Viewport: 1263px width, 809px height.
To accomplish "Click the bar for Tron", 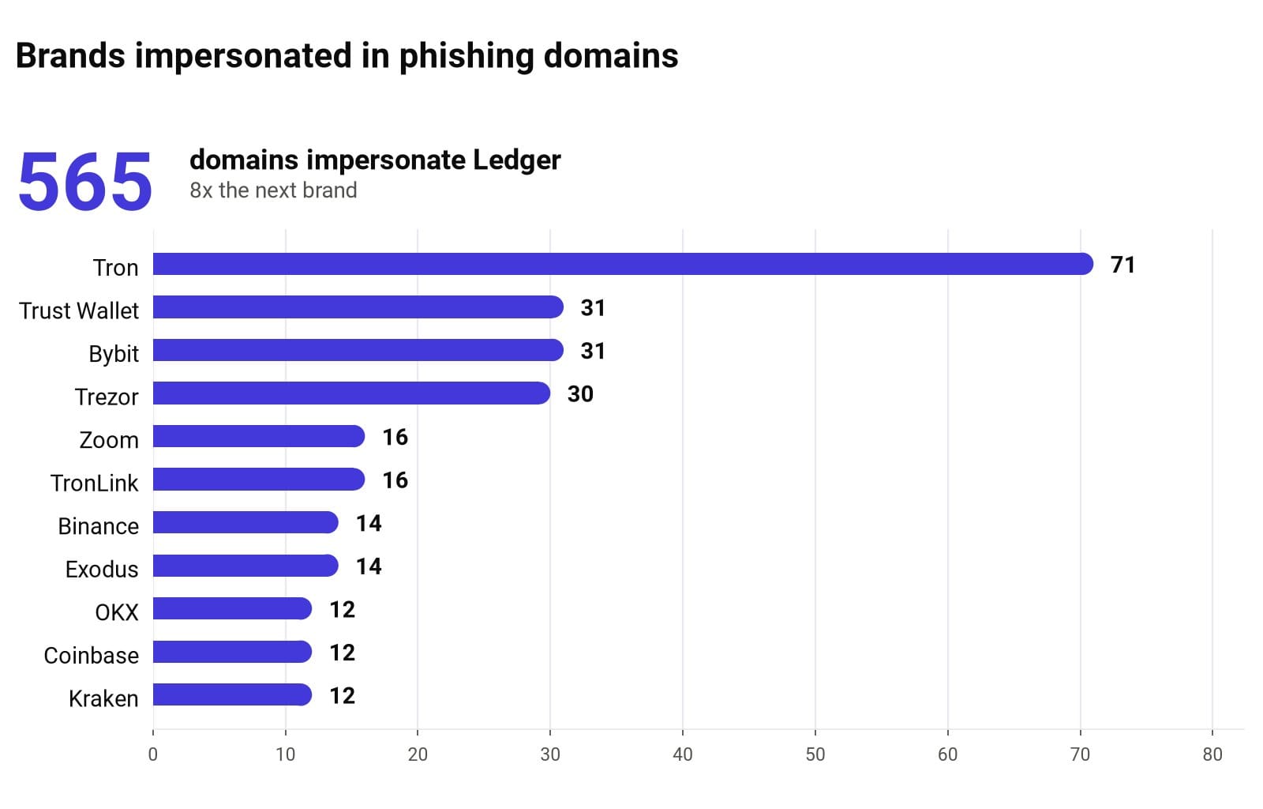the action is (x=623, y=264).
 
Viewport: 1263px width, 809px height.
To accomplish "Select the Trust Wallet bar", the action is (x=358, y=307).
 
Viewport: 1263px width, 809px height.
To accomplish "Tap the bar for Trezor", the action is (x=351, y=393).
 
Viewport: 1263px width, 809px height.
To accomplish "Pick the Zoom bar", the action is (x=259, y=436).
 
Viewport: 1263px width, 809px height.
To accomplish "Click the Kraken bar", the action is (x=232, y=694).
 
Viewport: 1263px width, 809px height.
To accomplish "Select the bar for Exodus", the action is (x=245, y=566).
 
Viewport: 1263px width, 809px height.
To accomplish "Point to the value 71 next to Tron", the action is (x=1122, y=265).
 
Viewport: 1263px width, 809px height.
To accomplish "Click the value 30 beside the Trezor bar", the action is (x=580, y=393).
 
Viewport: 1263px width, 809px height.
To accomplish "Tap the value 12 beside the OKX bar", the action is (x=343, y=609).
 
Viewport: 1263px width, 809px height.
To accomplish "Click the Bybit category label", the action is (x=114, y=354).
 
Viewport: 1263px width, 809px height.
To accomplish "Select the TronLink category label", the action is (x=94, y=483).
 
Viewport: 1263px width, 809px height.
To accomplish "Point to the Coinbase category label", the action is (x=92, y=656).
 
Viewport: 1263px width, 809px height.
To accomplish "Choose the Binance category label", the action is (x=98, y=526).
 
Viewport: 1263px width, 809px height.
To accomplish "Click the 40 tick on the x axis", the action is (x=683, y=754).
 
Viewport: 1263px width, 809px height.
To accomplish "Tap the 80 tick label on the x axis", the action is (x=1212, y=754).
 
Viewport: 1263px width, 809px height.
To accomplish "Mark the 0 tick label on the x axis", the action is (x=153, y=754).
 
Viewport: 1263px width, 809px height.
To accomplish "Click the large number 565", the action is (x=85, y=182).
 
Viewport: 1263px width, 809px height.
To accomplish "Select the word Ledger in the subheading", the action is (x=516, y=160).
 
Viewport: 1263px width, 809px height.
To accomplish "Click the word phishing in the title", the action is (x=467, y=56).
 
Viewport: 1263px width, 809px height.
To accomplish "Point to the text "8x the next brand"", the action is (x=273, y=190).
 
